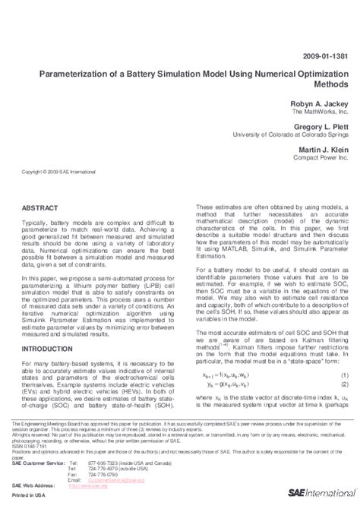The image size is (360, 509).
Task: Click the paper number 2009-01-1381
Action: [327, 56]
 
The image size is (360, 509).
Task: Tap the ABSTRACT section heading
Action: [43, 207]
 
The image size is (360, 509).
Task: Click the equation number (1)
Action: [343, 375]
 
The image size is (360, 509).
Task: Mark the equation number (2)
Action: [343, 385]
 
